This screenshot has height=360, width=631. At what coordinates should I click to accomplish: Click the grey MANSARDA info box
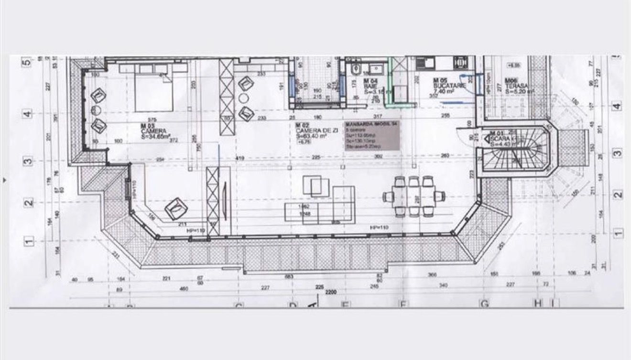(x=372, y=136)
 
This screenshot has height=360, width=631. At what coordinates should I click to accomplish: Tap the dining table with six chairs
(x=414, y=196)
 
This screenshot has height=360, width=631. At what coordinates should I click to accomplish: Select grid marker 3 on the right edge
(x=618, y=154)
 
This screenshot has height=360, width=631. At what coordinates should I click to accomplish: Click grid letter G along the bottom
(x=485, y=304)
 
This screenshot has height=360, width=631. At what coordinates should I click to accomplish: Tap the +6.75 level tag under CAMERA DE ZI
(x=304, y=142)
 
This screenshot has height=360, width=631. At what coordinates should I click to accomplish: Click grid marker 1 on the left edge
(x=28, y=242)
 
